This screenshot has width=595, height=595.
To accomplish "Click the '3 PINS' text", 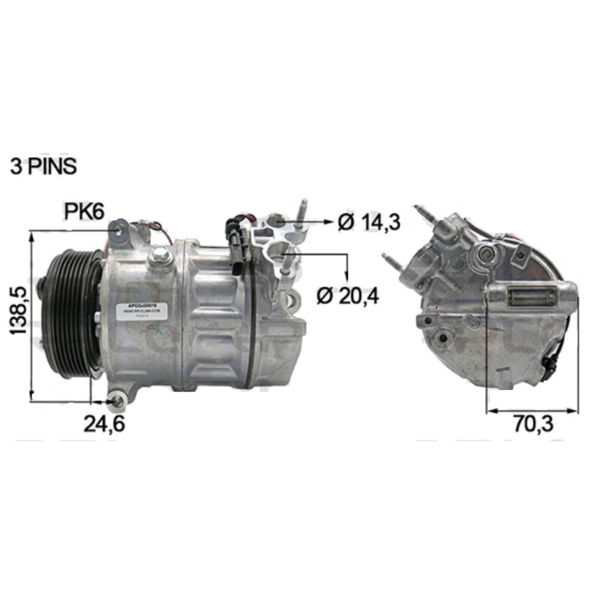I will (43, 165).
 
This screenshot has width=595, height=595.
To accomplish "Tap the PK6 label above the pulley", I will (84, 212).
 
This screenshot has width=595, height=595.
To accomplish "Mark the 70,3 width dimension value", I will (532, 424).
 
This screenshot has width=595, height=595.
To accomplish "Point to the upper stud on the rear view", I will (425, 212).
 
